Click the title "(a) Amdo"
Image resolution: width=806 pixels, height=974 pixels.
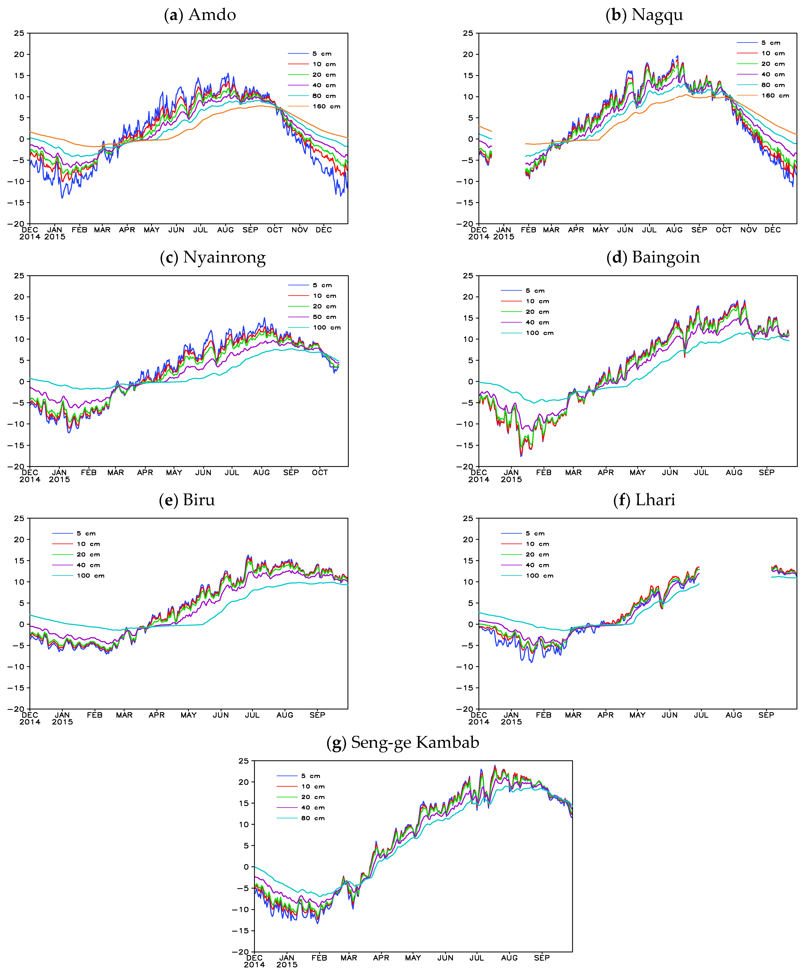click(x=200, y=15)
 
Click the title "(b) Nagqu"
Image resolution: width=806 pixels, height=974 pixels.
click(x=644, y=15)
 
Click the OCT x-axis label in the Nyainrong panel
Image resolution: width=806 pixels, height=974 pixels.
click(x=320, y=473)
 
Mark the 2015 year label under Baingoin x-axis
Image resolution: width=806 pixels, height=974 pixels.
click(x=511, y=479)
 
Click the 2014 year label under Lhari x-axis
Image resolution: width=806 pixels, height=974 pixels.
click(x=479, y=722)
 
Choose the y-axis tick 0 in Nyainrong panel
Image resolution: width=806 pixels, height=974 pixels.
click(x=22, y=382)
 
